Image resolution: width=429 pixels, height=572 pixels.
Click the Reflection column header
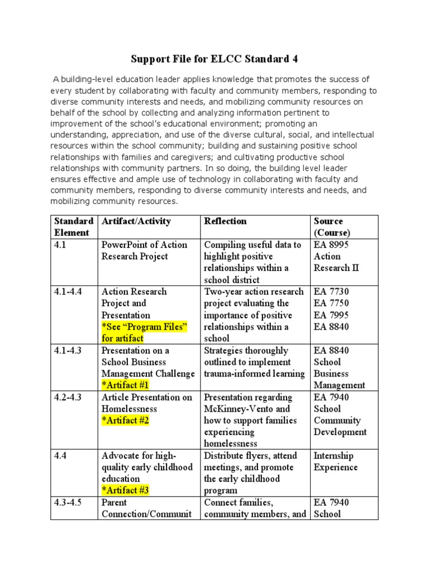coord(225,221)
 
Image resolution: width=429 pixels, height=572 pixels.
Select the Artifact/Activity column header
coord(136,221)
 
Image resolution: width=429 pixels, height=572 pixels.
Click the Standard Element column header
coord(73,227)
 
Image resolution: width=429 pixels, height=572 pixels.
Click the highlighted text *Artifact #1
coord(125,385)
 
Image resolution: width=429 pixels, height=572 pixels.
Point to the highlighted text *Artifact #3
coord(125,490)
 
